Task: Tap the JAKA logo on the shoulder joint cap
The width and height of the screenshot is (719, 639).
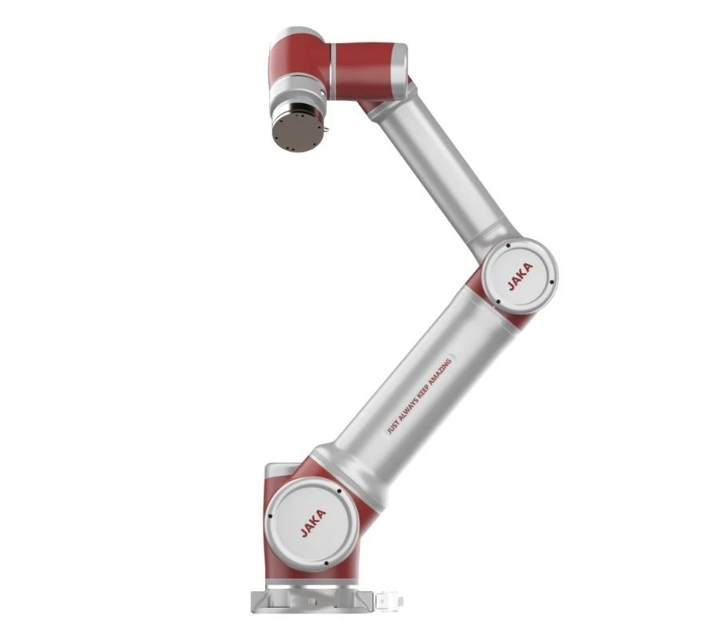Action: tap(313, 522)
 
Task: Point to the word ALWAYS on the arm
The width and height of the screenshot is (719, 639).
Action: tap(406, 411)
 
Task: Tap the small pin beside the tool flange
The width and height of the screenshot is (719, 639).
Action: tap(327, 129)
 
